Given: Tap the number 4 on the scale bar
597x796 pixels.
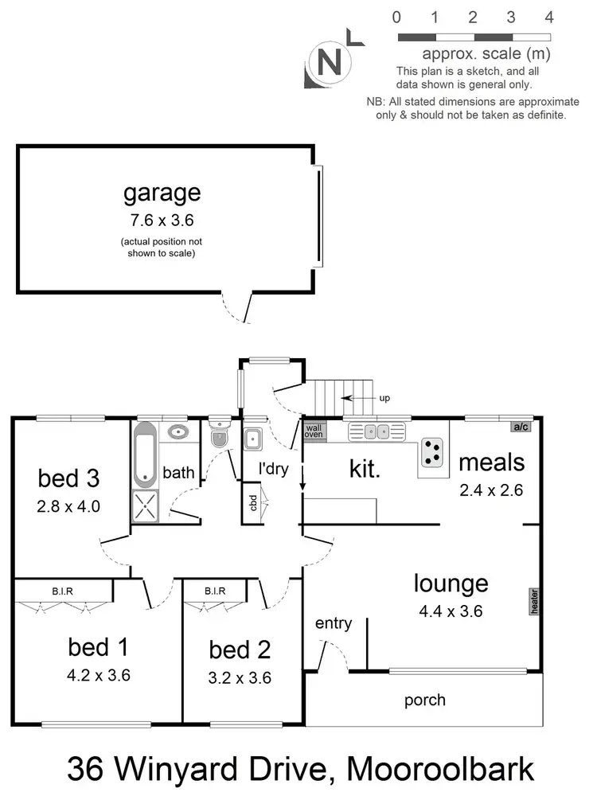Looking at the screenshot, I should pyautogui.click(x=549, y=17).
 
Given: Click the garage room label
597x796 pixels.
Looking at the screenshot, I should pyautogui.click(x=162, y=193).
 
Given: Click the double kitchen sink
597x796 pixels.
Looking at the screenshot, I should pyautogui.click(x=376, y=432).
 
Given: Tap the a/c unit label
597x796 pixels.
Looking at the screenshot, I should pyautogui.click(x=521, y=427).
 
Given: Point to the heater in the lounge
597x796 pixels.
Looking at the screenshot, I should pyautogui.click(x=534, y=601).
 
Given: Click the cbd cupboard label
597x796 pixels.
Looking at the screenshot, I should pyautogui.click(x=253, y=504).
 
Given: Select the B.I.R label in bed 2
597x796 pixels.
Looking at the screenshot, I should pyautogui.click(x=215, y=591).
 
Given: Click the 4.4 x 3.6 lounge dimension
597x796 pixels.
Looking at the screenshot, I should pyautogui.click(x=451, y=611).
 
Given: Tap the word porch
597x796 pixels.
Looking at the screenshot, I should pyautogui.click(x=425, y=700).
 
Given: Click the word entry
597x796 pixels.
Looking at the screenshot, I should pyautogui.click(x=334, y=623).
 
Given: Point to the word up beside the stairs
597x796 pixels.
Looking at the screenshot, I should pyautogui.click(x=384, y=398).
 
